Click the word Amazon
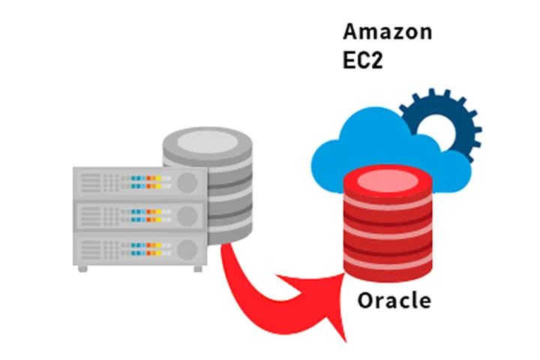[x=387, y=31]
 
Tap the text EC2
[x=363, y=60]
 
